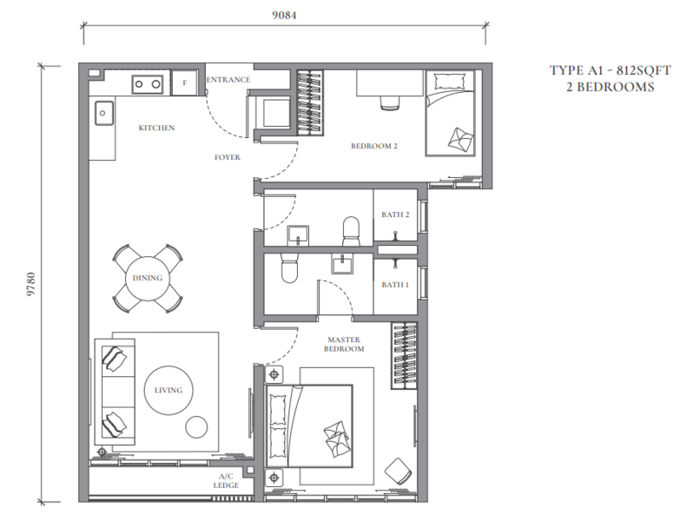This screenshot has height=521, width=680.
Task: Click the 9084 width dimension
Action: click(x=284, y=15)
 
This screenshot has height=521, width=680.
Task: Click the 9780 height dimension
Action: click(x=30, y=284)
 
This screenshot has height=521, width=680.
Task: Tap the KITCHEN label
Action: click(x=156, y=128)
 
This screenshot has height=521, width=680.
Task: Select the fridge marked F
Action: click(x=184, y=82)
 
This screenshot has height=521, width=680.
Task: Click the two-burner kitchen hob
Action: click(x=148, y=83)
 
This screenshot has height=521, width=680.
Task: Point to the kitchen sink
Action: click(x=104, y=113)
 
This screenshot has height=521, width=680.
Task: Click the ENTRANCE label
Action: click(x=228, y=80)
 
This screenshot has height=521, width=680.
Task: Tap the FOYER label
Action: click(x=228, y=157)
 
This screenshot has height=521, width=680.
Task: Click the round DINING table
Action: click(x=148, y=278)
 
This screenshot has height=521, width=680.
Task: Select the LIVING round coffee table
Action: click(x=168, y=390)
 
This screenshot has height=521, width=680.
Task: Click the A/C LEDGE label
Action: click(x=226, y=481)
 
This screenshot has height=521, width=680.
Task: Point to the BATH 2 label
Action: click(x=395, y=214)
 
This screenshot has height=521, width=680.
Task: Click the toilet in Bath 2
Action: click(x=351, y=231)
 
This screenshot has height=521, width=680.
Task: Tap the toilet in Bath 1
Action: click(x=289, y=268)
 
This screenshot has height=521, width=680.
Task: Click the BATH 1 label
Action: click(x=395, y=285)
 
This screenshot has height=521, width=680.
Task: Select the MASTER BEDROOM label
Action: click(x=344, y=344)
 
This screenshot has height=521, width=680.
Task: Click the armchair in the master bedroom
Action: click(x=398, y=472)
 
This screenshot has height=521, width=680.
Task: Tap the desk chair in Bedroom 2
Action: click(x=390, y=103)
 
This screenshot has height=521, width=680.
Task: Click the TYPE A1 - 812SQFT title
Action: click(x=611, y=70)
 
